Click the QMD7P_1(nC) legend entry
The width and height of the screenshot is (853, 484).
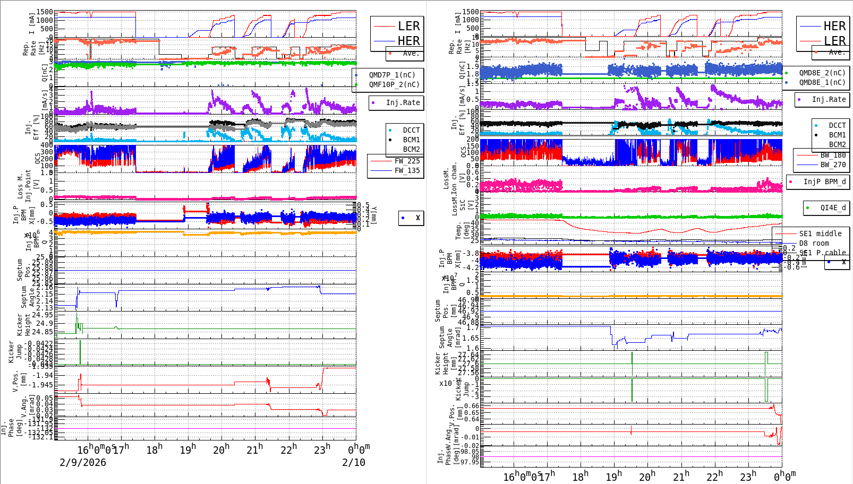click(392, 75)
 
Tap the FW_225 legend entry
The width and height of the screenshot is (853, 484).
click(407, 161)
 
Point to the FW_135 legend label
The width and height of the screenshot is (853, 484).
click(407, 170)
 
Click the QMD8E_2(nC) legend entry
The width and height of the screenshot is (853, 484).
click(822, 73)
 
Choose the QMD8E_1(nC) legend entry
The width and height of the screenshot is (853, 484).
click(822, 82)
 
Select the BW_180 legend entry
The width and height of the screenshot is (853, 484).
click(833, 155)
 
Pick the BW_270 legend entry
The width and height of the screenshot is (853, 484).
click(833, 165)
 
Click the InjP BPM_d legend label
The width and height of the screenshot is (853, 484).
click(824, 181)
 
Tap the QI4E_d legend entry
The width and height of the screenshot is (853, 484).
click(833, 208)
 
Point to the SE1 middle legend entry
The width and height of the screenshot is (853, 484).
click(820, 234)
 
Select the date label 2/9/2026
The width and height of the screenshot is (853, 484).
click(83, 462)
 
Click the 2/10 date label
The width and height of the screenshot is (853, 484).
click(354, 462)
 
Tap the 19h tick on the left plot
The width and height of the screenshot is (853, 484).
click(187, 450)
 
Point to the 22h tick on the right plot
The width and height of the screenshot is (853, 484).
click(714, 476)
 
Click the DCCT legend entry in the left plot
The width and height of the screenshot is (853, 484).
click(411, 130)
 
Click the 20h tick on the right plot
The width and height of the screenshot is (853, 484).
click(647, 476)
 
